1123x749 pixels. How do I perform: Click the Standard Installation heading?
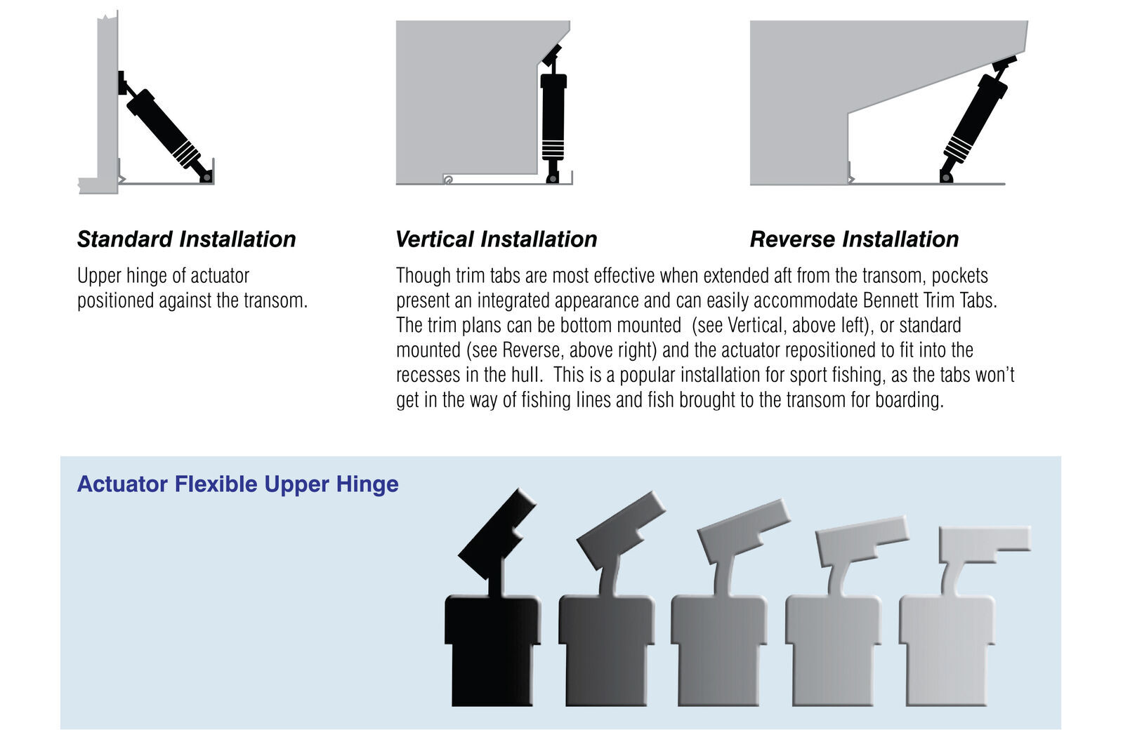click(x=186, y=239)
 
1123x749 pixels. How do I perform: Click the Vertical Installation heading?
click(x=496, y=239)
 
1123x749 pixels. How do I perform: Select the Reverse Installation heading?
click(x=854, y=239)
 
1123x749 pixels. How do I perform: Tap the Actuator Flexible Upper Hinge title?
click(x=237, y=484)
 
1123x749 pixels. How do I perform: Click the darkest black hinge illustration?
click(x=493, y=618)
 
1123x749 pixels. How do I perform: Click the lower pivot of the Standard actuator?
click(x=206, y=177)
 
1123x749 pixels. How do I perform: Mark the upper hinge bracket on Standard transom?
click(x=122, y=83)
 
